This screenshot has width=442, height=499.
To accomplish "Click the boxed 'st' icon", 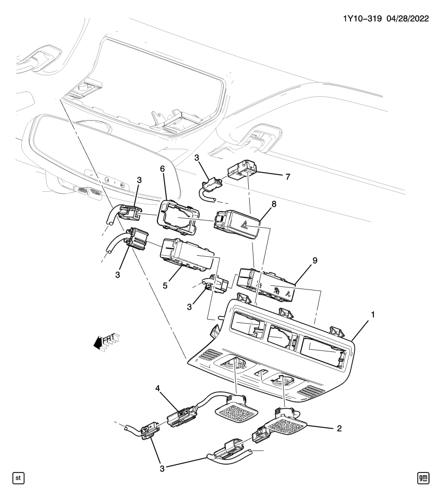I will pyautogui.click(x=17, y=477).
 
